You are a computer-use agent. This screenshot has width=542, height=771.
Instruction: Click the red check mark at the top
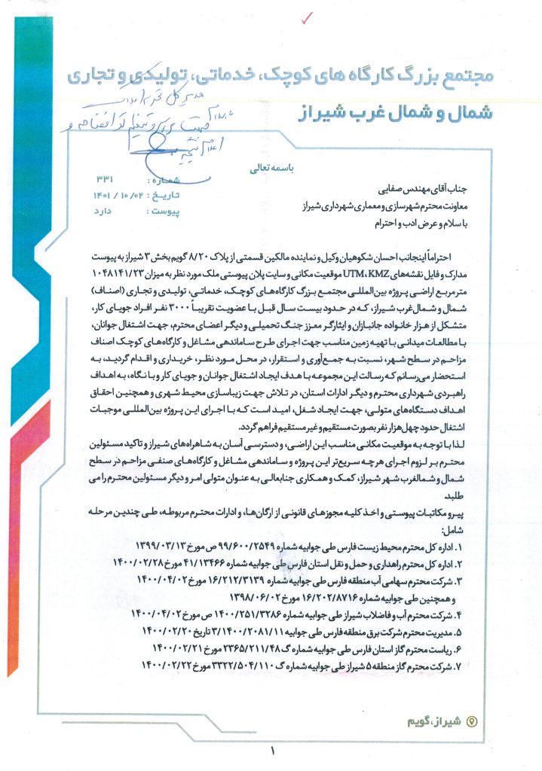305,17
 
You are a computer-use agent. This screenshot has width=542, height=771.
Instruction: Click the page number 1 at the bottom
272,750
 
